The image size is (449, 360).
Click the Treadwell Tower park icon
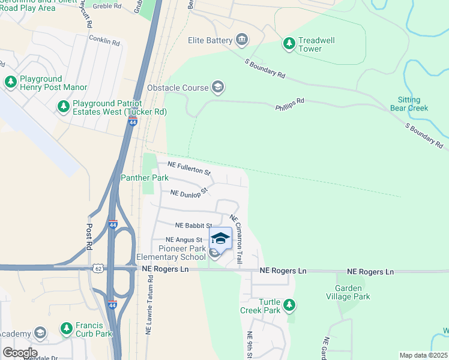pyautogui.click(x=289, y=43)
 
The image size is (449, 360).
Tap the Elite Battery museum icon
pyautogui.click(x=242, y=40)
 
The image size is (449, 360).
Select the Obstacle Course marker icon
pyautogui.click(x=217, y=88)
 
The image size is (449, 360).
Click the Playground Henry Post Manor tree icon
pyautogui.click(x=10, y=81)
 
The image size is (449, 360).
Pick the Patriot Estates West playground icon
pyautogui.click(x=63, y=106)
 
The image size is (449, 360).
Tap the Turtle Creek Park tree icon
pyautogui.click(x=289, y=304)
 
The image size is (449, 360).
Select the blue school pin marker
pyautogui.click(x=220, y=239)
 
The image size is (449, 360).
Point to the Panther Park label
pyautogui.click(x=145, y=178)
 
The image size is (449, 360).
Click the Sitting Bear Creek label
pyautogui.click(x=412, y=104)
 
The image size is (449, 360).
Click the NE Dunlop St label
pyautogui.click(x=188, y=193)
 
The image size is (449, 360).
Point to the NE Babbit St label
pyautogui.click(x=194, y=226)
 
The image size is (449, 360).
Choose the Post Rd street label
pyautogui.click(x=89, y=237)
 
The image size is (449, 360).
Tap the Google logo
pyautogui.click(x=20, y=353)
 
